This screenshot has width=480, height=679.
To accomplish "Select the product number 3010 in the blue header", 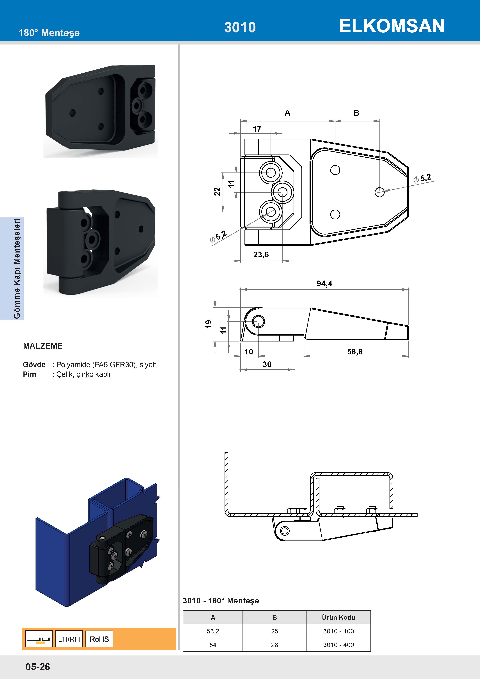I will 240,27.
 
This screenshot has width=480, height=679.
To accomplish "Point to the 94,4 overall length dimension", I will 324,284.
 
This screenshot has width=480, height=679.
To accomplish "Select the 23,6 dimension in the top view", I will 261,255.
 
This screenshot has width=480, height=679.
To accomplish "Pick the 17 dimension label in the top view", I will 257,129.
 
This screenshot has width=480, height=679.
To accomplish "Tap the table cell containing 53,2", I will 213,631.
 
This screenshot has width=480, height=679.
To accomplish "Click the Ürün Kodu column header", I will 338,617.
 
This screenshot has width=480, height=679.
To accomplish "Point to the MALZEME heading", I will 43,346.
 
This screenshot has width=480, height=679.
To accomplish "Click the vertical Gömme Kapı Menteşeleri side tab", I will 17,268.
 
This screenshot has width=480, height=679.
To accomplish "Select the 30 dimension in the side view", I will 267,364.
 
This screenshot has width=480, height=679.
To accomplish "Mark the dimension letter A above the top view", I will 287,113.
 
